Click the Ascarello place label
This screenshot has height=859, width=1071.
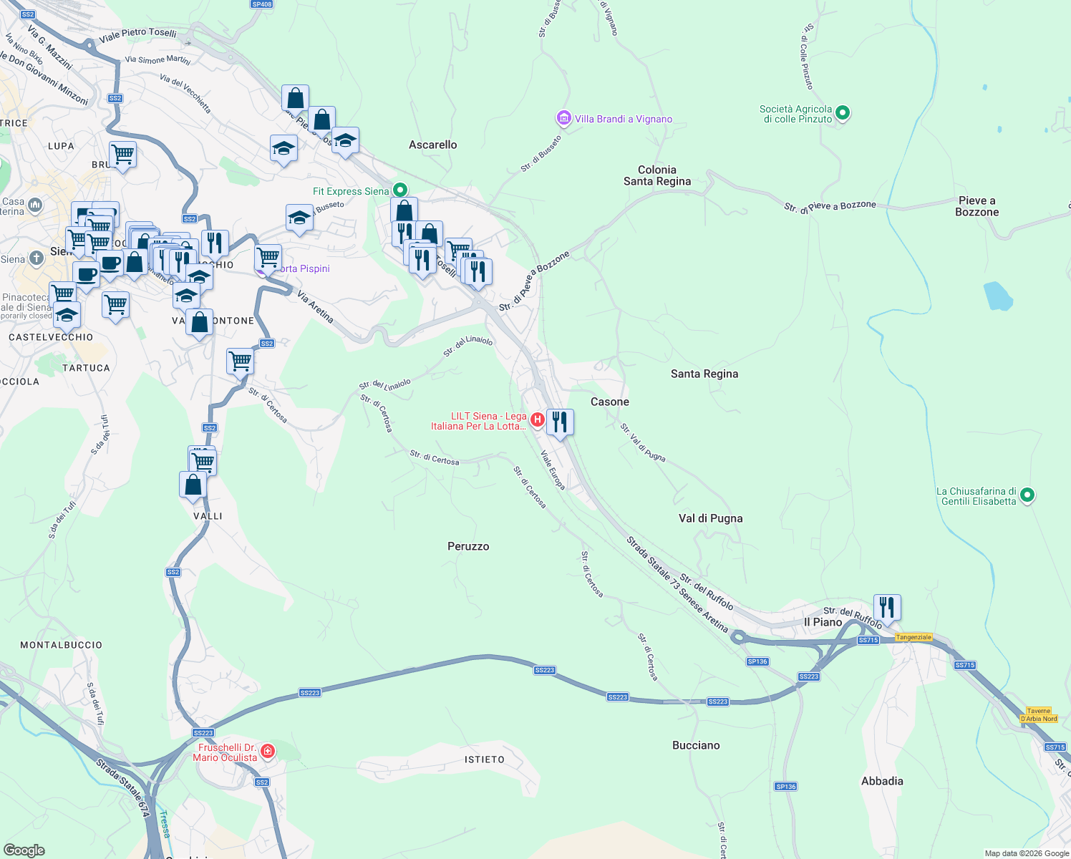[432, 145]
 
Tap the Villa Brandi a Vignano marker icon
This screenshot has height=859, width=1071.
[563, 118]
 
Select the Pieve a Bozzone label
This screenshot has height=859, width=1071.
[976, 206]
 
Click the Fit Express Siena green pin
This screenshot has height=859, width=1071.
[400, 190]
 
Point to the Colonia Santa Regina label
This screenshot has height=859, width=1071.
[657, 175]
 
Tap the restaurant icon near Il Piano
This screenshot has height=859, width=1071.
[886, 607]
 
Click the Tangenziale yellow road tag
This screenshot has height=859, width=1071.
[913, 637]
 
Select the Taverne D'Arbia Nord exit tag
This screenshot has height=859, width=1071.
[1038, 715]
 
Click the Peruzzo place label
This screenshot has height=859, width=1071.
[468, 546]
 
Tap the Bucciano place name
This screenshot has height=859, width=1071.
[696, 745]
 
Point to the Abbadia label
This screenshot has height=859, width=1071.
[882, 781]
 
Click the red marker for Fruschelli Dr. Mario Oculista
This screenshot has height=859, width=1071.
[267, 751]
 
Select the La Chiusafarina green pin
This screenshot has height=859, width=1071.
[1027, 495]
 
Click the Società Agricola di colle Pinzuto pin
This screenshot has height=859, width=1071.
[843, 112]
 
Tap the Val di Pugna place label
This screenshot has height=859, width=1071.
[710, 518]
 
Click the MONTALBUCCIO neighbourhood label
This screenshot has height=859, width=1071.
[61, 645]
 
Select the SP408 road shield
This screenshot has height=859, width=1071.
[262, 4]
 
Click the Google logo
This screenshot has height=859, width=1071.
[24, 850]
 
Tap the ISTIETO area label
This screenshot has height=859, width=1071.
[485, 759]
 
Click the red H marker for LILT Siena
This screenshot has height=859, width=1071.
[536, 419]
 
